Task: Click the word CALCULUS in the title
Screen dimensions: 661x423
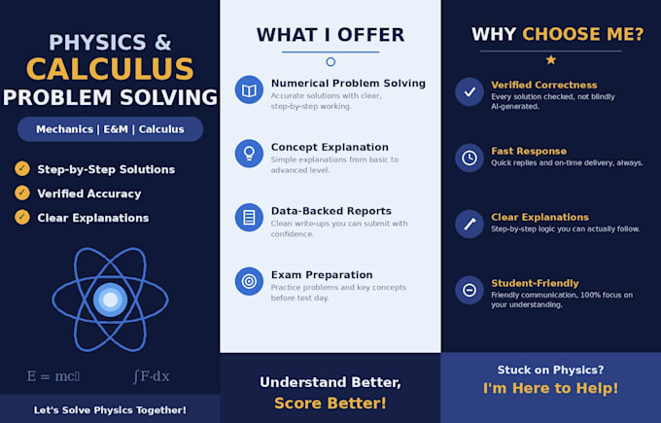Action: tap(110, 69)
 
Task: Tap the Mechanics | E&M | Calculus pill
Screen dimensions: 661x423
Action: tap(110, 129)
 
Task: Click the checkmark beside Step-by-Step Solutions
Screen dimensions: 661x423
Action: tap(22, 168)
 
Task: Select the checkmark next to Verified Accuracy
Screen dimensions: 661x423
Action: tap(22, 194)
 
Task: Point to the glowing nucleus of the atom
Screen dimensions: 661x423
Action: tap(111, 300)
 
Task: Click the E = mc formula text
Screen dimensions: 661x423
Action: tap(53, 375)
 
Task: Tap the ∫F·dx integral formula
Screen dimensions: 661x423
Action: tap(152, 376)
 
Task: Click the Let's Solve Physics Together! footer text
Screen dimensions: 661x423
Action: tap(110, 410)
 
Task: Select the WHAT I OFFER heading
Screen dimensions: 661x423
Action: tap(330, 35)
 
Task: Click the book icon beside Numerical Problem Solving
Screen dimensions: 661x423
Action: tap(249, 89)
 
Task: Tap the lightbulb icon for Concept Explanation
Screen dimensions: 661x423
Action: tap(249, 154)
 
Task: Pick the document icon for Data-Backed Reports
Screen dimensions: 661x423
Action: tap(249, 217)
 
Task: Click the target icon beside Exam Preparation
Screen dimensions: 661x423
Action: tap(249, 281)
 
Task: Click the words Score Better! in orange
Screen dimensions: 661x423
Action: tap(330, 404)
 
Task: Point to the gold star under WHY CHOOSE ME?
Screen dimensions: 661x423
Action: tap(551, 60)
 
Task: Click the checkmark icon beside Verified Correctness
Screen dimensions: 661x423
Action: tap(470, 92)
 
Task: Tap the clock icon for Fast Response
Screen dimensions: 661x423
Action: tap(470, 159)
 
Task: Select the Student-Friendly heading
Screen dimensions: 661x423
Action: tap(535, 283)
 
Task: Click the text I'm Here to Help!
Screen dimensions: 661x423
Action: tap(550, 388)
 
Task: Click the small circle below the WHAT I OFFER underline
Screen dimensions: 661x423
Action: tap(330, 62)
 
